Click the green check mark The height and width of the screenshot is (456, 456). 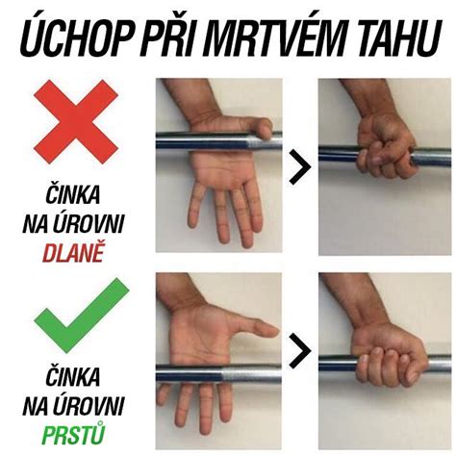[76, 317]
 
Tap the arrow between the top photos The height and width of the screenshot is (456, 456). [300, 167]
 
